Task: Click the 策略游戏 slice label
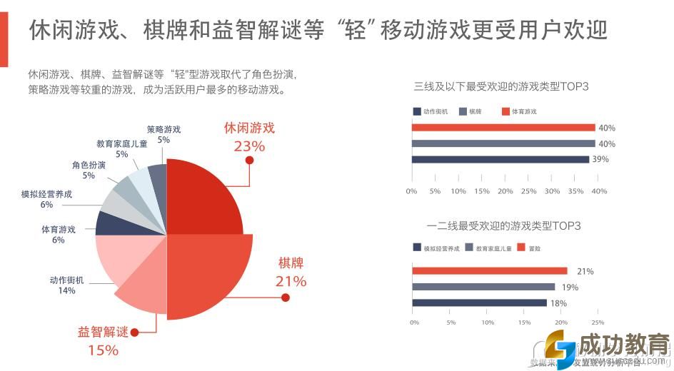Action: tap(164, 130)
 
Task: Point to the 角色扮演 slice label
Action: tap(89, 166)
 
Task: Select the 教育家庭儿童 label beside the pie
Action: tap(121, 143)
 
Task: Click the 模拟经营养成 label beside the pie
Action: tap(47, 194)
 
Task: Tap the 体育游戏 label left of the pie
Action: tap(59, 230)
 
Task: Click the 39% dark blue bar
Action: tap(500, 159)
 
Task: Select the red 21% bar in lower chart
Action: tap(489, 271)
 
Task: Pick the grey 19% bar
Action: tap(483, 287)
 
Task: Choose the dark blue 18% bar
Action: tap(479, 303)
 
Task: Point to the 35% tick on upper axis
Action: tap(575, 191)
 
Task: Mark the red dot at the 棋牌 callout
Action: tap(286, 297)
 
